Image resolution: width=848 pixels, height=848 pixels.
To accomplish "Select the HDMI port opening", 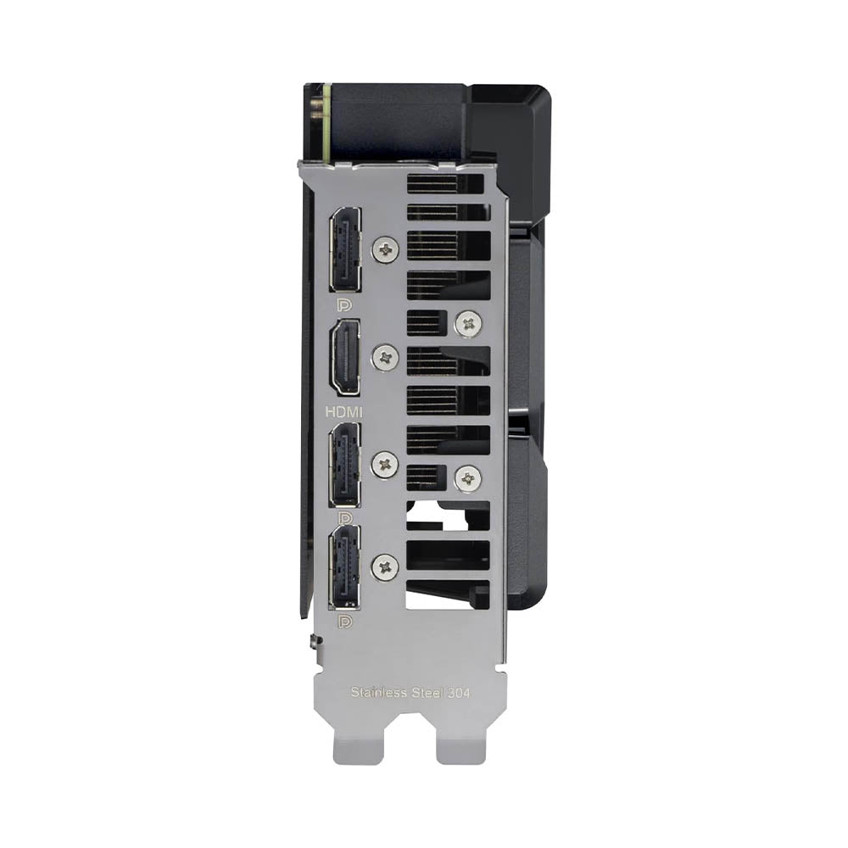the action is pyautogui.click(x=345, y=358).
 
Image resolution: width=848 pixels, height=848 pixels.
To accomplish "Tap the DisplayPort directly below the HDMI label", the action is pyautogui.click(x=344, y=464).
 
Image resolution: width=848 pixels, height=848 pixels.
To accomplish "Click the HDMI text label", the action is pyautogui.click(x=343, y=411).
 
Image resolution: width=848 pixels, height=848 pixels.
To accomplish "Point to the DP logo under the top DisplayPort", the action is pyautogui.click(x=344, y=306).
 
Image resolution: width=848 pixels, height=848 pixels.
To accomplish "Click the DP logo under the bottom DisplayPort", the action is pyautogui.click(x=344, y=621).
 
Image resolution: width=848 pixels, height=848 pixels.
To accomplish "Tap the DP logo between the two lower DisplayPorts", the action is pyautogui.click(x=344, y=517).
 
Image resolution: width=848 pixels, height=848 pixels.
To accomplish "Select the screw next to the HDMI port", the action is pyautogui.click(x=386, y=357).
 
